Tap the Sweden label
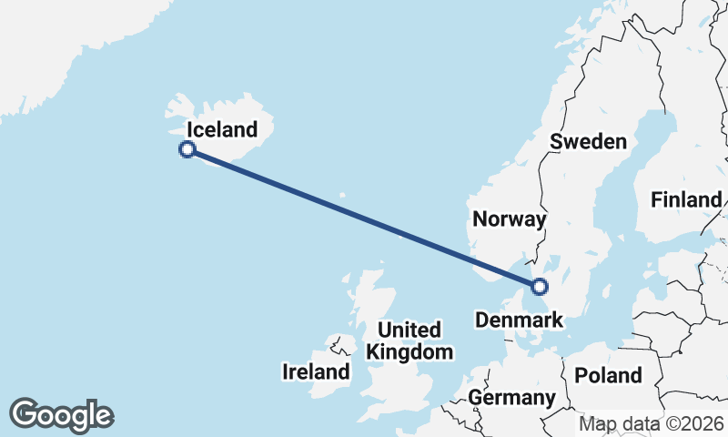(x=589, y=141)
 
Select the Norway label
(x=509, y=219)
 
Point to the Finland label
(x=686, y=200)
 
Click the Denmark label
(x=520, y=320)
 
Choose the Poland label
(x=607, y=375)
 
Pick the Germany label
(x=511, y=398)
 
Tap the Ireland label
(x=316, y=371)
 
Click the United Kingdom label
(x=409, y=340)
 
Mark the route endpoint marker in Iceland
(x=187, y=149)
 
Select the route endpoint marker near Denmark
(x=540, y=287)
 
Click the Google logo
(x=61, y=415)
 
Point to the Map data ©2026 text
(x=652, y=423)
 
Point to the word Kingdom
(x=409, y=352)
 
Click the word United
(x=409, y=330)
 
